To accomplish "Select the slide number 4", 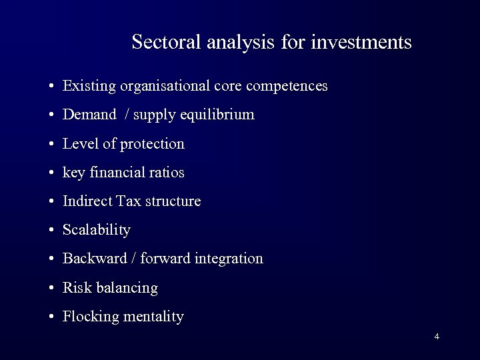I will click(x=437, y=336).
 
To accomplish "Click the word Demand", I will click(x=89, y=115).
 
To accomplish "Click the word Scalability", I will click(x=97, y=230).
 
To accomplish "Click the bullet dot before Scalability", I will click(x=51, y=231).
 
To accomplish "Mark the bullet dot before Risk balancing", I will click(x=51, y=289).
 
